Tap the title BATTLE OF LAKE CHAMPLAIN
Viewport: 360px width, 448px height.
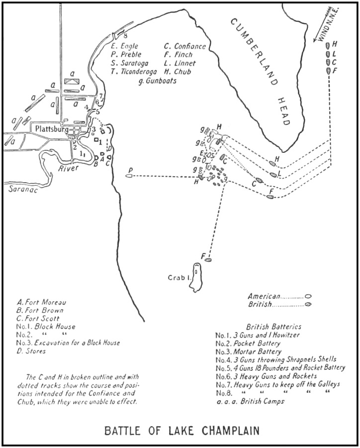[181, 430]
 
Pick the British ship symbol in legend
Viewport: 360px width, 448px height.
[308, 304]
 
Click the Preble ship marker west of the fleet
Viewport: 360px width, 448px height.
[130, 176]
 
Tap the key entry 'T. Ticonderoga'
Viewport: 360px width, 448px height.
[135, 72]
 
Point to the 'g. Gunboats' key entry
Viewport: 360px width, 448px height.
[158, 80]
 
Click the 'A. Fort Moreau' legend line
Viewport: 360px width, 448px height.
[42, 302]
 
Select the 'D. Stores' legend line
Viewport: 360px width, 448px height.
[31, 351]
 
